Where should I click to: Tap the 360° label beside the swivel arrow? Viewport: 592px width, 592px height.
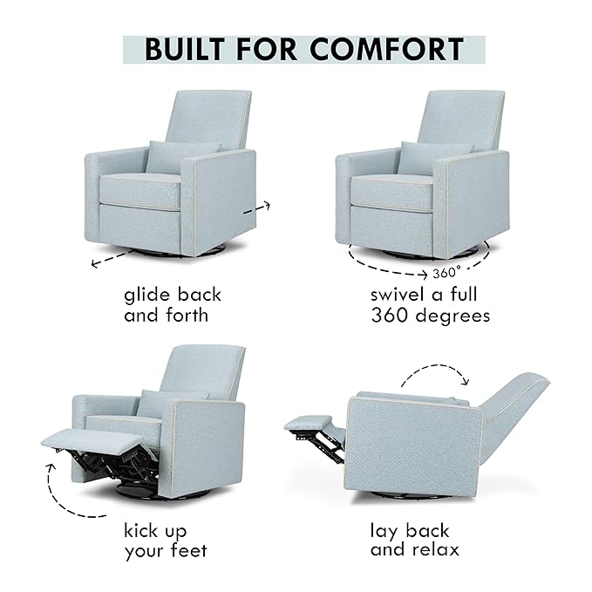pyautogui.click(x=445, y=270)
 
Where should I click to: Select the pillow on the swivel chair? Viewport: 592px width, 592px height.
pyautogui.click(x=434, y=156)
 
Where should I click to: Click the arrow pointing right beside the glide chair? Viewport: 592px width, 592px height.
pyautogui.click(x=259, y=208)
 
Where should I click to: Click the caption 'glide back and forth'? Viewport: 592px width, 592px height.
pyautogui.click(x=172, y=305)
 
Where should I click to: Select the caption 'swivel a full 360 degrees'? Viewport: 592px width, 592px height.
pyautogui.click(x=430, y=305)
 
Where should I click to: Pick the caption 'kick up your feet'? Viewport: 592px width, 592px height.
pyautogui.click(x=166, y=541)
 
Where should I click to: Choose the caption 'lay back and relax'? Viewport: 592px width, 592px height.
pyautogui.click(x=415, y=541)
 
